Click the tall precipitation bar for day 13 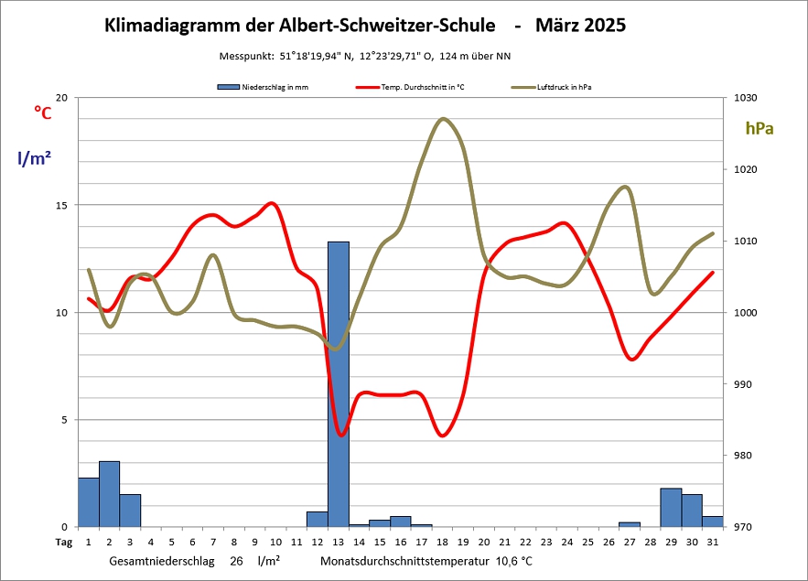point(339,384)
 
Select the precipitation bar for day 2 point(109,494)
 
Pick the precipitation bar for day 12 point(318,519)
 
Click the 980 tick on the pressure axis point(738,456)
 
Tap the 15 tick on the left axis point(61,205)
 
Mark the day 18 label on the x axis point(442,543)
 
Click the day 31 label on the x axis point(713,543)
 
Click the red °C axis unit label point(42,113)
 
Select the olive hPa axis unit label point(759,129)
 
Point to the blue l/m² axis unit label point(34,157)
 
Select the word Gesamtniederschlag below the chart point(165,560)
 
